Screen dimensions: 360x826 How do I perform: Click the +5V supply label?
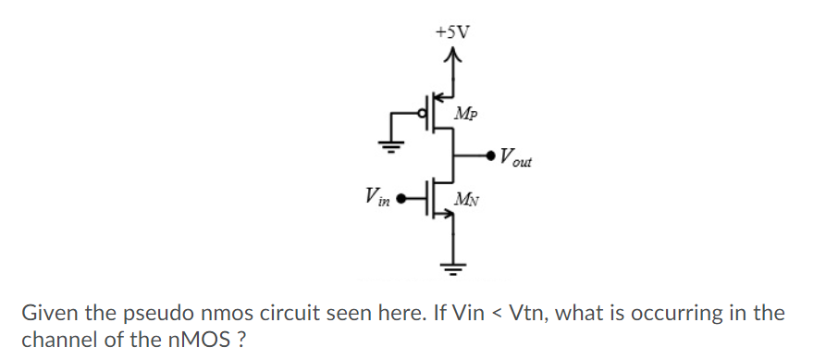click(x=452, y=31)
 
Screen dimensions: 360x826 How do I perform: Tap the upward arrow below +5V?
click(x=453, y=60)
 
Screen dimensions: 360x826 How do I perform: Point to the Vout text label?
click(x=514, y=158)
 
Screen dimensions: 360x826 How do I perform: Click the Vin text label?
click(x=376, y=196)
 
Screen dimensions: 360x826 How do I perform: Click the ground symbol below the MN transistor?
click(x=453, y=267)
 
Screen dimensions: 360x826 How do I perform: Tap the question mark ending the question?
click(x=240, y=338)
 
